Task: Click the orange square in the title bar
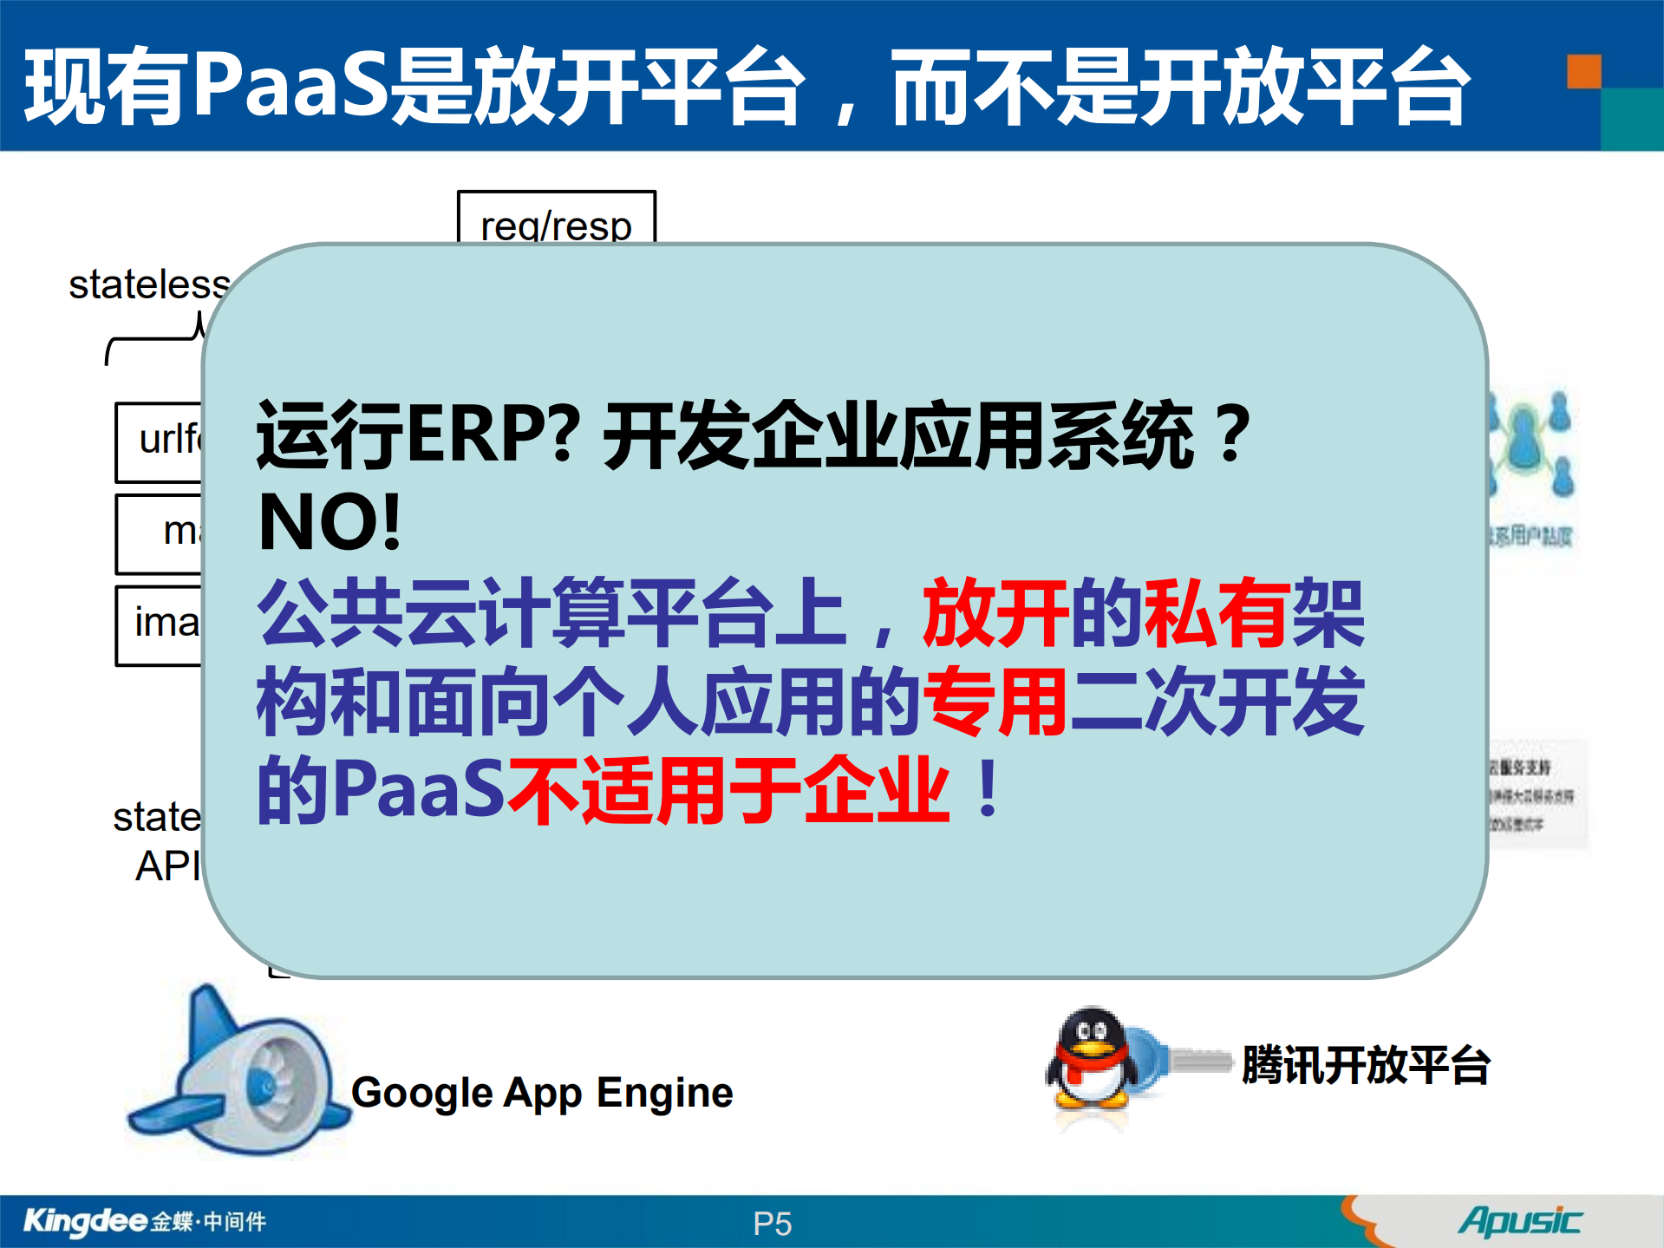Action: click(1583, 72)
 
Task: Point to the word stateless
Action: click(149, 285)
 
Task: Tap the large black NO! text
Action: click(330, 523)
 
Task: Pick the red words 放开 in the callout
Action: click(995, 614)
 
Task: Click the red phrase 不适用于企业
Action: click(728, 790)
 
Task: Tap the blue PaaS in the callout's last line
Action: click(418, 790)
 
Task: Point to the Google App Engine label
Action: click(542, 1093)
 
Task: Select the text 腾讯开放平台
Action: click(1365, 1065)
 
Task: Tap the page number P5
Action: click(772, 1224)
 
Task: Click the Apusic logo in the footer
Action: click(1519, 1221)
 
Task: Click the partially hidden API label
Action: click(167, 866)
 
